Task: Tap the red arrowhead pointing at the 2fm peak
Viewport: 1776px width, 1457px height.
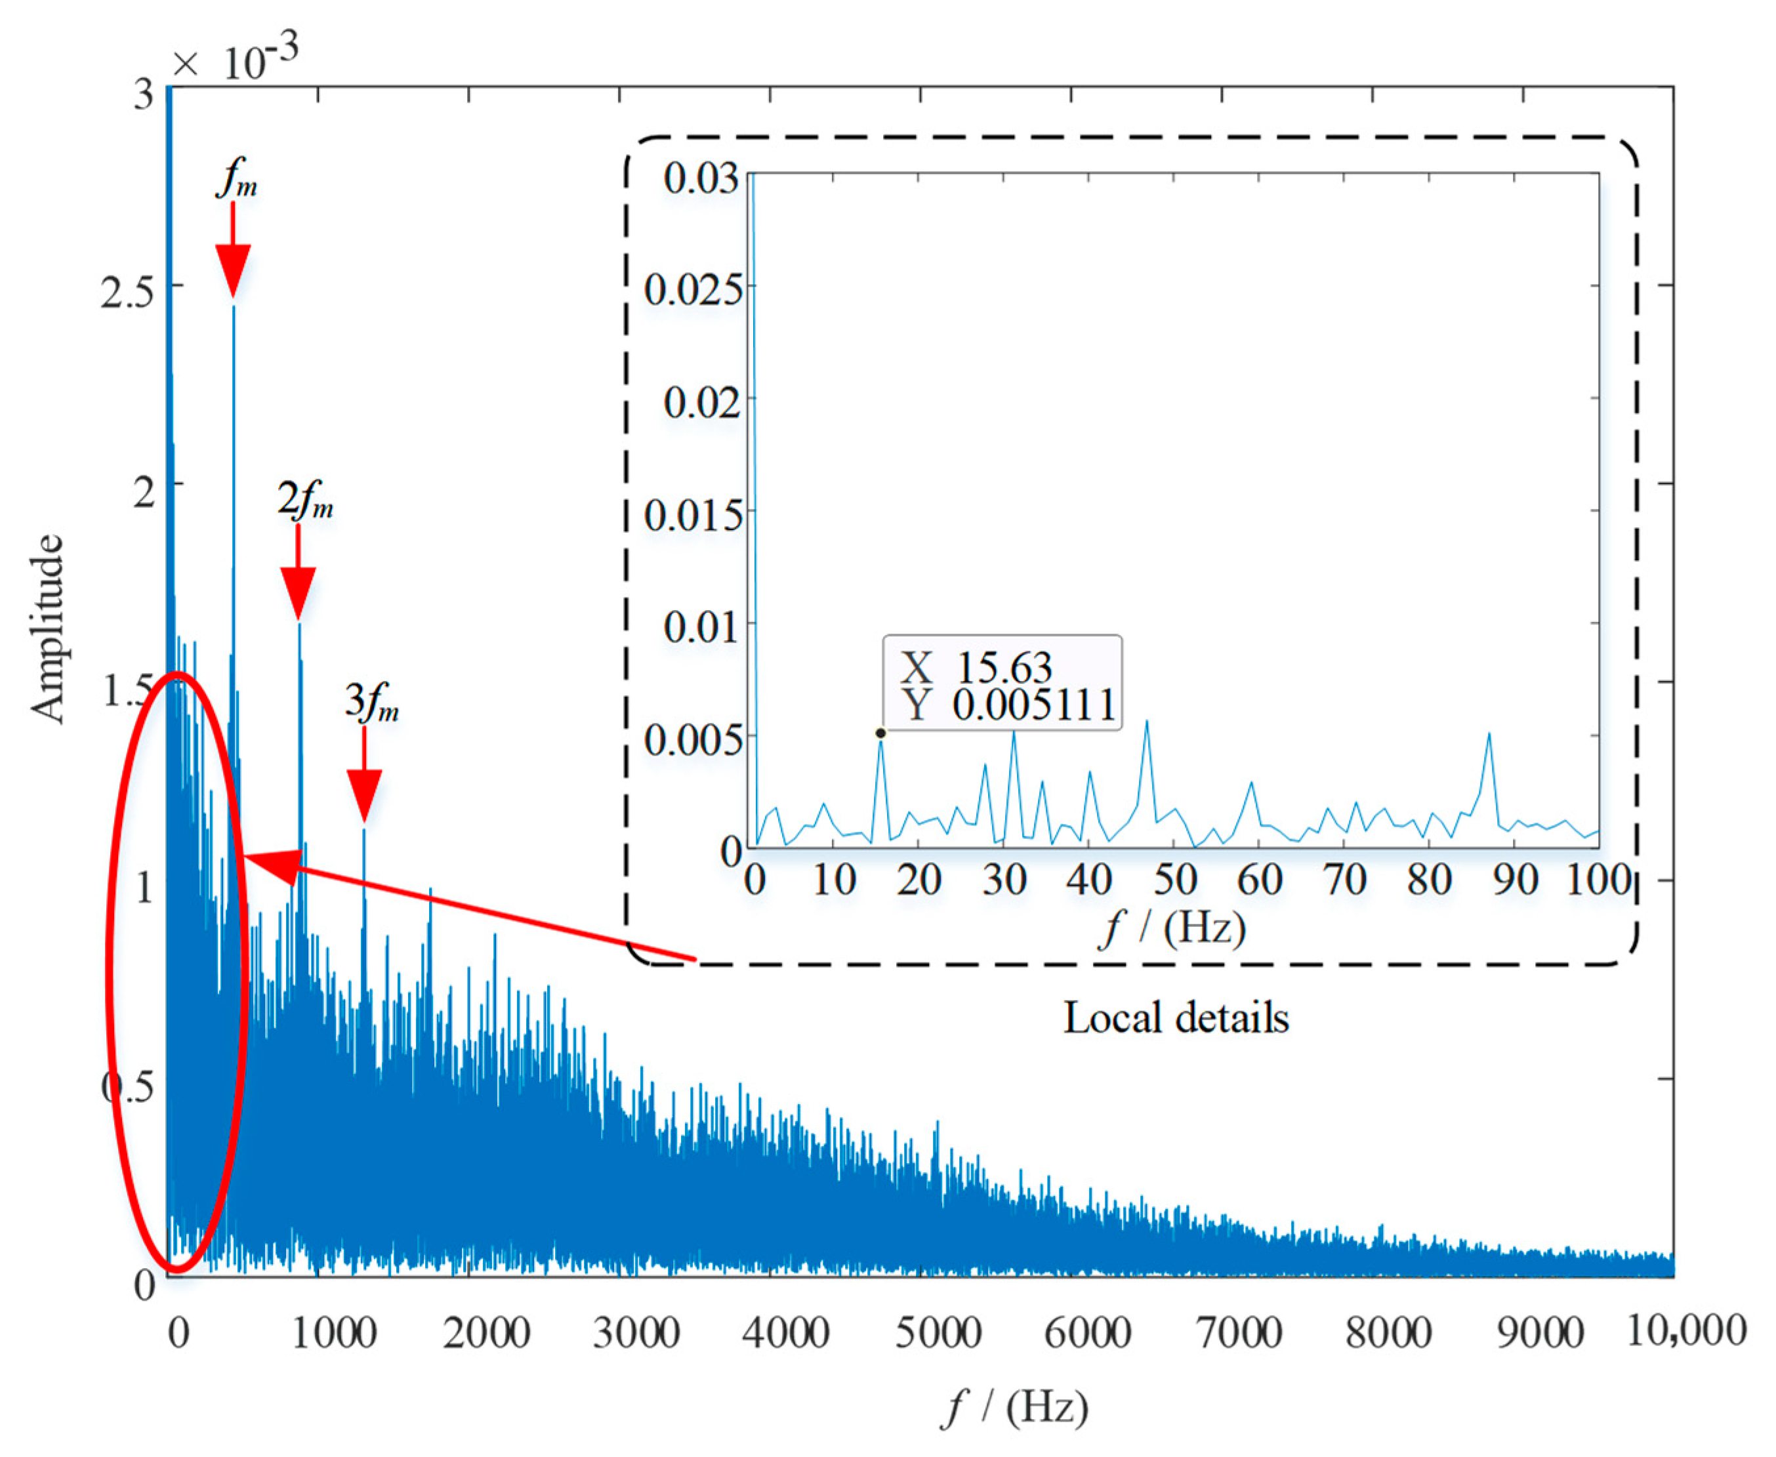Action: point(298,592)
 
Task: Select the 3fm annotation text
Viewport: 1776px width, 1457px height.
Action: point(371,702)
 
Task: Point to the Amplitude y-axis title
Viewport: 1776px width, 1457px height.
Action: point(48,628)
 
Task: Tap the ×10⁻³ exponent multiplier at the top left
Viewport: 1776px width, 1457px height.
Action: point(235,60)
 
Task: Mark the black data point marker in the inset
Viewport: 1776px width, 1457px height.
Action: point(880,733)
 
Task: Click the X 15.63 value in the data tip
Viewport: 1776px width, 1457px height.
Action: point(976,668)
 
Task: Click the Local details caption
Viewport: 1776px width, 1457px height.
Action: point(1176,1017)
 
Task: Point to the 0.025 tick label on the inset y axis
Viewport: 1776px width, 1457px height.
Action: point(693,289)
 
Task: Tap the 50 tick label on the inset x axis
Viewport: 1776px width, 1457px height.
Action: point(1175,880)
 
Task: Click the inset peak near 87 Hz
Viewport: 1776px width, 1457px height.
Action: point(1489,734)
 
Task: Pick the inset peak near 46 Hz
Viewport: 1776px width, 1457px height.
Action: point(1147,722)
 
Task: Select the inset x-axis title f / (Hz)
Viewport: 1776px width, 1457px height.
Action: point(1173,928)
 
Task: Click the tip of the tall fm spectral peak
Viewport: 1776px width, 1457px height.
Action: point(234,306)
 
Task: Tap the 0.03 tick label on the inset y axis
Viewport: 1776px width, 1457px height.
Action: point(701,178)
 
